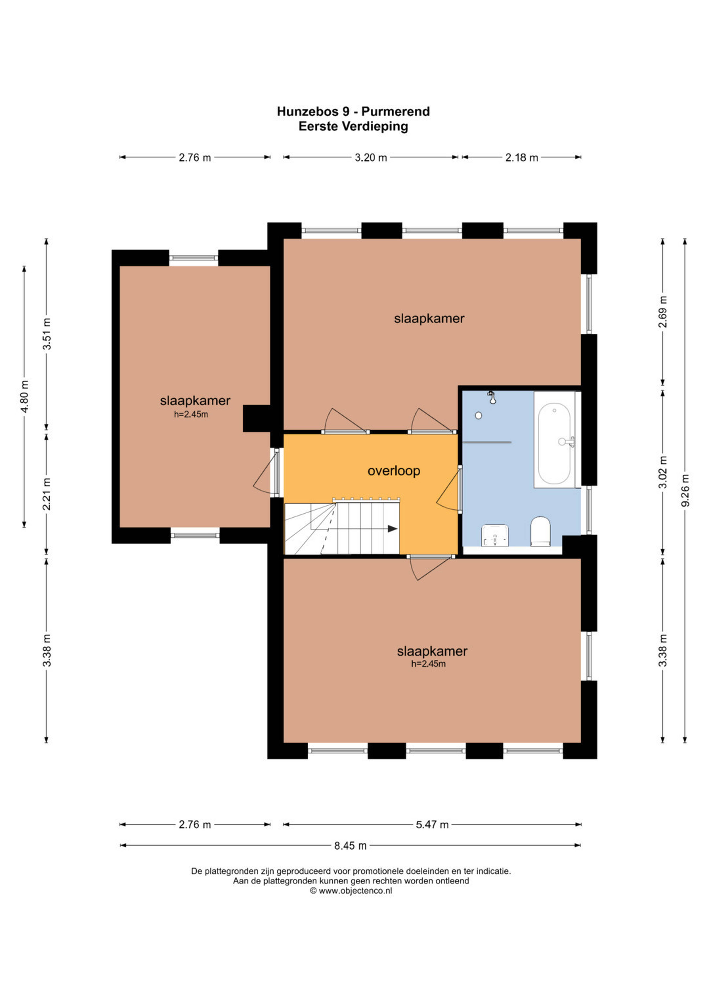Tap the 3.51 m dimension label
(x=47, y=334)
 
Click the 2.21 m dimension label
(x=47, y=494)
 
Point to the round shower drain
(x=479, y=415)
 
